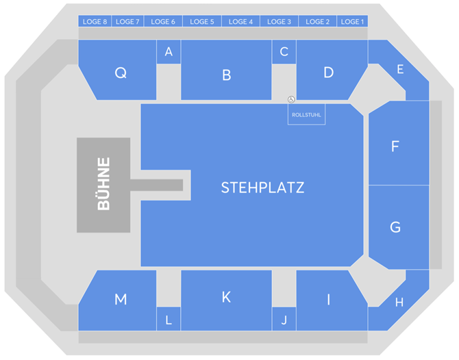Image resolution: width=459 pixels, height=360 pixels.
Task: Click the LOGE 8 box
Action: click(x=95, y=22)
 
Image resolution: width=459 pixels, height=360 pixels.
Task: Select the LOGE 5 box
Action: click(x=202, y=22)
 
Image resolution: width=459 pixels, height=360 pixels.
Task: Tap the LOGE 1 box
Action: click(x=352, y=22)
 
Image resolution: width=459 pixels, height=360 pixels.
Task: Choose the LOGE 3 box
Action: click(x=280, y=22)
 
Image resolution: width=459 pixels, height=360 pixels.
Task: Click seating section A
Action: click(x=169, y=52)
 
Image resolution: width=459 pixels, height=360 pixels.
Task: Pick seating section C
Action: click(x=284, y=52)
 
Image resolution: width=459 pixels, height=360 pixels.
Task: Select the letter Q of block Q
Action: click(x=121, y=73)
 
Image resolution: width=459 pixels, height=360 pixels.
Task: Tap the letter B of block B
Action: click(x=227, y=75)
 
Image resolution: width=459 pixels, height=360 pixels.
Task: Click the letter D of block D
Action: click(x=328, y=72)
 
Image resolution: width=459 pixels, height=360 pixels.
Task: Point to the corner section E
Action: click(x=400, y=69)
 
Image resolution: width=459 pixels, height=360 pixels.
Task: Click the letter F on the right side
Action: click(x=395, y=146)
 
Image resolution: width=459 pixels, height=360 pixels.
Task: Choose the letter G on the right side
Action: click(x=395, y=227)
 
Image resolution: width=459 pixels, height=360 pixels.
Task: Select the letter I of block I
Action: click(x=328, y=299)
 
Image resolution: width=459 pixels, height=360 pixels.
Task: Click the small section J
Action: click(x=284, y=319)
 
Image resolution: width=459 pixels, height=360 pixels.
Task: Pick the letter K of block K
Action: click(x=226, y=297)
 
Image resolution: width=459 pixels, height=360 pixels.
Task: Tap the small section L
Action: click(x=169, y=319)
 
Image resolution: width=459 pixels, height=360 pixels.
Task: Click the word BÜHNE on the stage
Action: click(x=103, y=185)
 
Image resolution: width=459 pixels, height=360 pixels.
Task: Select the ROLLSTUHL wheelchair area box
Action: click(x=306, y=115)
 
